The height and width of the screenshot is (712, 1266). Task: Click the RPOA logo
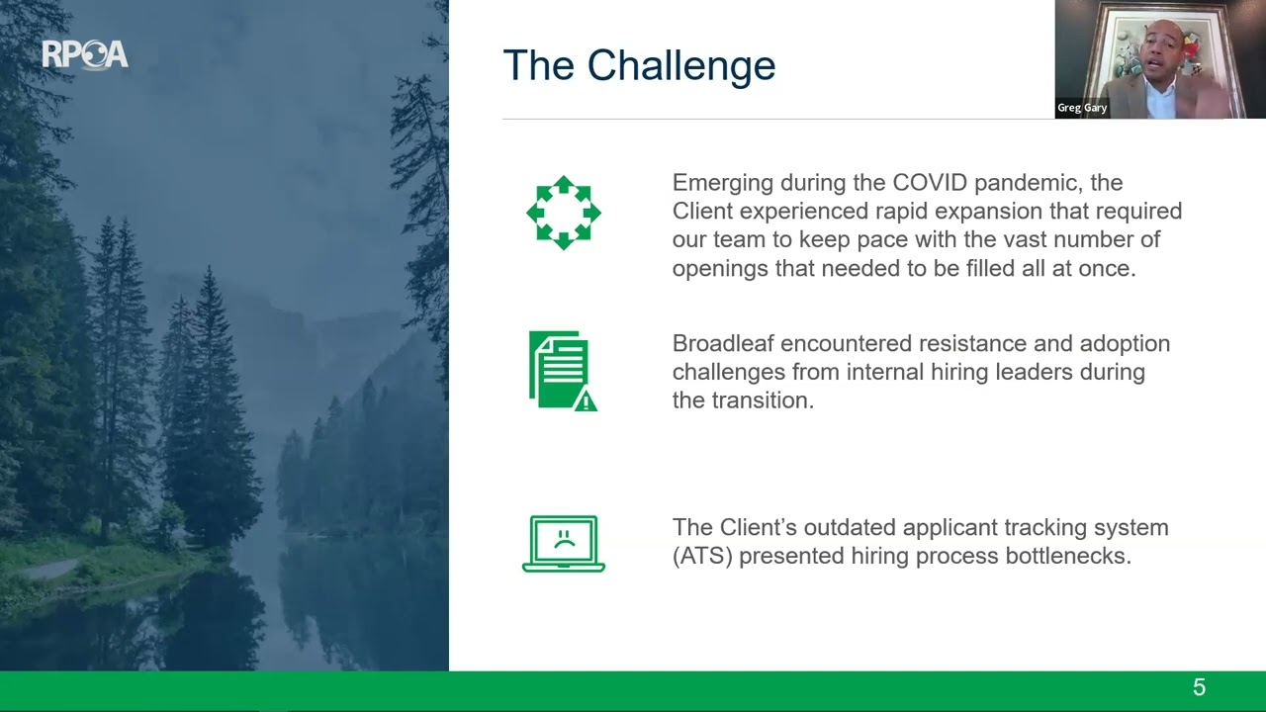pyautogui.click(x=85, y=55)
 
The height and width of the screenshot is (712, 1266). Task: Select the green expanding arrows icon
pyautogui.click(x=563, y=213)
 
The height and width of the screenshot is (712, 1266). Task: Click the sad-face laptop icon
pyautogui.click(x=563, y=543)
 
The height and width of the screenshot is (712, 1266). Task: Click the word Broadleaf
pyautogui.click(x=722, y=344)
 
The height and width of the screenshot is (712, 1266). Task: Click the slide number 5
pyautogui.click(x=1199, y=688)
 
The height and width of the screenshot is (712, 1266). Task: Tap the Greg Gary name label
pyautogui.click(x=1082, y=108)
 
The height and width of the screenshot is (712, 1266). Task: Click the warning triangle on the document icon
pyautogui.click(x=586, y=400)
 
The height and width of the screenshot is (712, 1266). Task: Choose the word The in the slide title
pyautogui.click(x=539, y=66)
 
